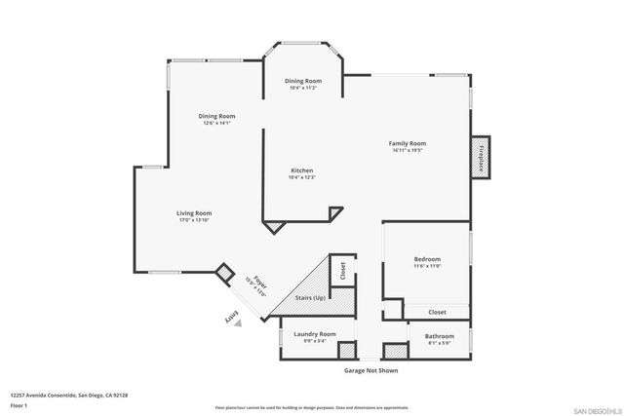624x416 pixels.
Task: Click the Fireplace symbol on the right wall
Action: point(481,157)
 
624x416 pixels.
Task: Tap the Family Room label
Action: point(409,143)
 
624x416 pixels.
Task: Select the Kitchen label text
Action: point(301,170)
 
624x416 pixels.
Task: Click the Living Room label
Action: point(194,212)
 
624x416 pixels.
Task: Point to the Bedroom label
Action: point(427,259)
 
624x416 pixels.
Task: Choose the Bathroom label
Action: point(439,336)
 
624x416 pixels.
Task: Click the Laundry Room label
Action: point(315,333)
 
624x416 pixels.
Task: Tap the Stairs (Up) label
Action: point(310,297)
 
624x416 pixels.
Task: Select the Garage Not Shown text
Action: point(370,370)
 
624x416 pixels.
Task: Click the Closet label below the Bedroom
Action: point(437,312)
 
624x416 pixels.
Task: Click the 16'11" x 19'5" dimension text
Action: point(409,151)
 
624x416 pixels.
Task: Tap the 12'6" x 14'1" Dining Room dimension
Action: point(217,124)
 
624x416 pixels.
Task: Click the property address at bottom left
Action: point(69,395)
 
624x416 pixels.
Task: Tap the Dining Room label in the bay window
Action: point(302,80)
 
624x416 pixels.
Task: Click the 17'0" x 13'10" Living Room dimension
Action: point(194,220)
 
